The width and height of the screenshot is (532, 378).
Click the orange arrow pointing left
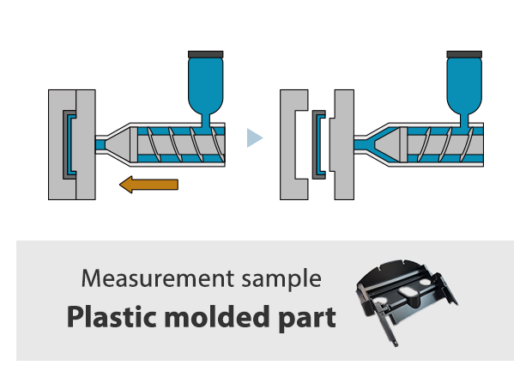point(149,184)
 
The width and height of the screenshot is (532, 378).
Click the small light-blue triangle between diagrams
point(254,137)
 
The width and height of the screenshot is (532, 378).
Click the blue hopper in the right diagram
point(464,86)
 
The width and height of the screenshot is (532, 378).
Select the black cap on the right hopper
point(464,54)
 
